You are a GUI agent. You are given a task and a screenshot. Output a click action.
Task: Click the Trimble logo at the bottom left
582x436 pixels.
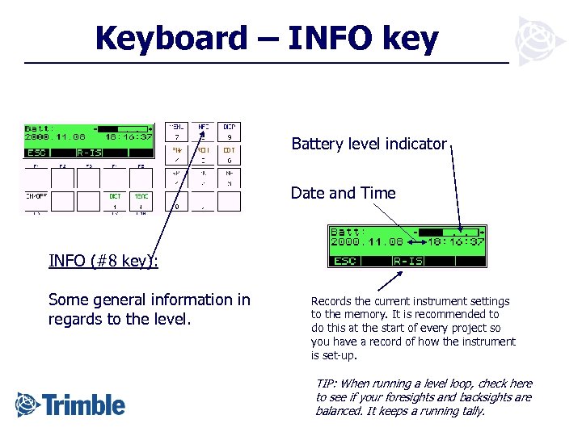click(70, 404)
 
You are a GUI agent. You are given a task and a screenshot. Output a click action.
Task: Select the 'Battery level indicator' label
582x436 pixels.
click(369, 144)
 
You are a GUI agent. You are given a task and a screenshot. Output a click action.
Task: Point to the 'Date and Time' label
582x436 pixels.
click(343, 193)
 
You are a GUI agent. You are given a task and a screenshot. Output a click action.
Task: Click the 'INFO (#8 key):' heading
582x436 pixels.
click(103, 260)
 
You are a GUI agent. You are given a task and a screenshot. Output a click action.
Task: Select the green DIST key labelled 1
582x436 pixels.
click(116, 200)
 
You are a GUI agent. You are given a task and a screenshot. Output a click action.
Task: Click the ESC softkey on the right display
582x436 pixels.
click(345, 261)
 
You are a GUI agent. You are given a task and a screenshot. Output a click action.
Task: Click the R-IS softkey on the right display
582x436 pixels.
click(407, 261)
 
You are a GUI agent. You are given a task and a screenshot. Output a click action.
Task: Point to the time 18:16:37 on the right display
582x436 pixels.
click(456, 241)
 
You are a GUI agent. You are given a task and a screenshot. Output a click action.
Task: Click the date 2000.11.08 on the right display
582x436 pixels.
click(368, 241)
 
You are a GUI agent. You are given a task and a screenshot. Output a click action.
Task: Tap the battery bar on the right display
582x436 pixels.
click(443, 232)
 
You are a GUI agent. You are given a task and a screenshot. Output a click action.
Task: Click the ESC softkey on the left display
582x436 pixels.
click(37, 152)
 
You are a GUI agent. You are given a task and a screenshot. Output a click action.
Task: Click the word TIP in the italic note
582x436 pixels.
click(325, 384)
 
